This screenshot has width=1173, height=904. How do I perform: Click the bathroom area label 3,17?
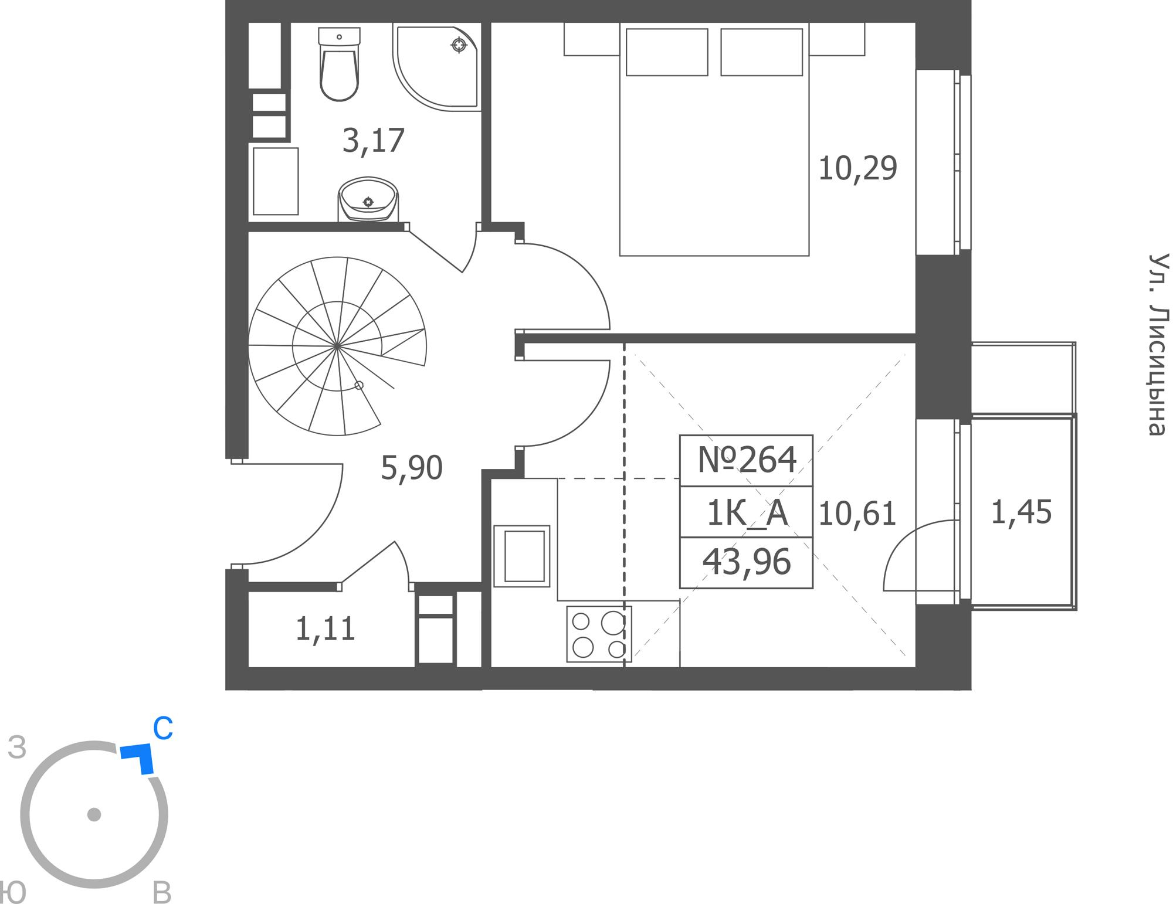coord(374,141)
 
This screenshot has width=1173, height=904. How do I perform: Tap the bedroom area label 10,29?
coord(857,169)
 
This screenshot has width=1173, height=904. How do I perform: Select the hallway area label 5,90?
coord(411,468)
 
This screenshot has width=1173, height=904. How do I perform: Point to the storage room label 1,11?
coord(325,630)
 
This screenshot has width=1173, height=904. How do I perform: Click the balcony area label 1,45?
coord(1021,512)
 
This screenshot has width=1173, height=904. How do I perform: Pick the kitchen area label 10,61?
coord(857,514)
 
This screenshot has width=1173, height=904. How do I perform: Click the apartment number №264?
coord(747,460)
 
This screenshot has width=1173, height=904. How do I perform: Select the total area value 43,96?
coord(747,562)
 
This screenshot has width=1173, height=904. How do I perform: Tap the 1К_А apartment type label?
coord(747,514)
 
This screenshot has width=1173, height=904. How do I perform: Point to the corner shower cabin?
coord(436,66)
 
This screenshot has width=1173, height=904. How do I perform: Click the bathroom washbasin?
coord(368,199)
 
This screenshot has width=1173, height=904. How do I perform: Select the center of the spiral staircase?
coord(337,346)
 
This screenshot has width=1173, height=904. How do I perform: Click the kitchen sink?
coord(522,556)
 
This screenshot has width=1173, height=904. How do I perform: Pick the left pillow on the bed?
coord(667,52)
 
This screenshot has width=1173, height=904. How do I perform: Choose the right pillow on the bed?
coord(761,52)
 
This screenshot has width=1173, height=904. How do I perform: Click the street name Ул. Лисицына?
coord(1157,345)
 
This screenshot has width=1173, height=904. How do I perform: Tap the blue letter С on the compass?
coord(162,729)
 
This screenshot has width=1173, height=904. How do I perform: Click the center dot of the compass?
coord(94,814)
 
